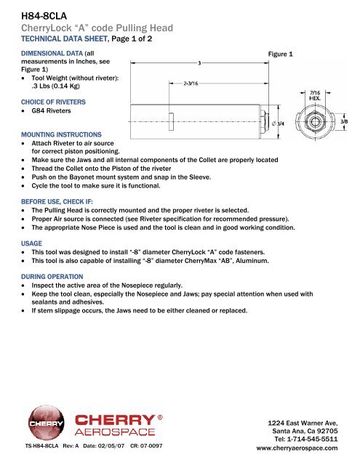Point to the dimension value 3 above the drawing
coord(200,63)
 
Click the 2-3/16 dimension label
coord(193,83)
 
